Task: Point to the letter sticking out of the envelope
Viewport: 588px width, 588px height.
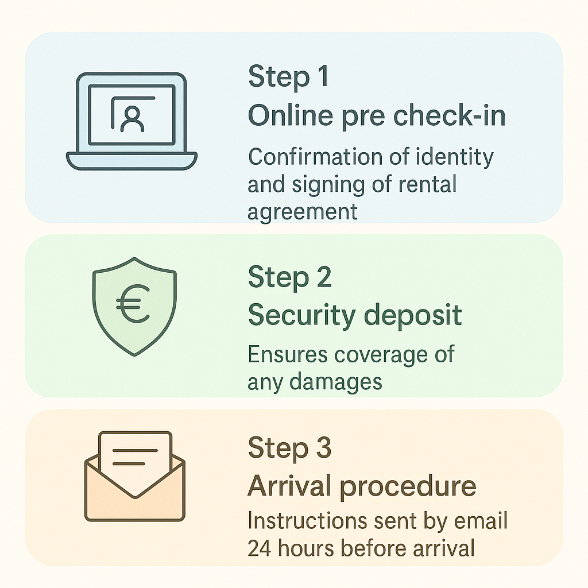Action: click(135, 454)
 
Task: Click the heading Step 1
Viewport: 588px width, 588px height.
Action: click(288, 76)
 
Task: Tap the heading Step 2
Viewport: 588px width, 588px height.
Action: click(289, 277)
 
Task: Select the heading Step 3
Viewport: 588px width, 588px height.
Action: click(289, 448)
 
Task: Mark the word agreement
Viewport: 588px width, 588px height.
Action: click(303, 212)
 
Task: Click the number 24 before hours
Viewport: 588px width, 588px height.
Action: click(259, 548)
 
